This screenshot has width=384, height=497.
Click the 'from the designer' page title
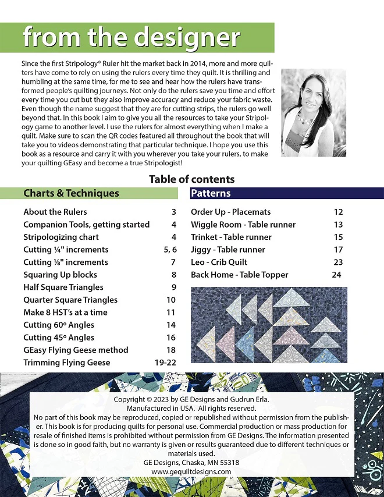[131, 38]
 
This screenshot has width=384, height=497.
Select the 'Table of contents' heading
[191, 179]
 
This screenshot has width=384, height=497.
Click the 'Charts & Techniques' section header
[71, 193]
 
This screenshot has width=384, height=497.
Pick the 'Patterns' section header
[211, 193]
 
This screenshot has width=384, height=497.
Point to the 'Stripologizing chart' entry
[61, 237]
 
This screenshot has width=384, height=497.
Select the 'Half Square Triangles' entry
[63, 287]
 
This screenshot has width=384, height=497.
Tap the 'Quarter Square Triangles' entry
[70, 300]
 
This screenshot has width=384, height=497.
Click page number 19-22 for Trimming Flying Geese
[165, 363]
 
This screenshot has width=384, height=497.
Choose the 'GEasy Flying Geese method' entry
[76, 350]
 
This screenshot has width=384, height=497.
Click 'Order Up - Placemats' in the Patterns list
[230, 212]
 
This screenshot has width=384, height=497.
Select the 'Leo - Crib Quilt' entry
[219, 262]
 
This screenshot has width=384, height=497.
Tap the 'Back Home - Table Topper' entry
[239, 275]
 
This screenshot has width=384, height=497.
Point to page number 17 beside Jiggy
[338, 250]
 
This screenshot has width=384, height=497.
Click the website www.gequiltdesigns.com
[191, 471]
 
